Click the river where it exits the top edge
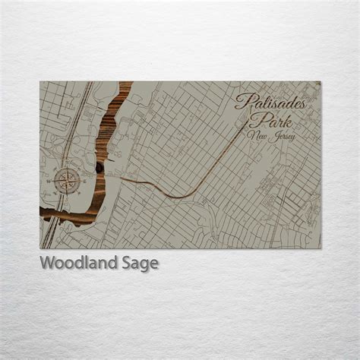125,84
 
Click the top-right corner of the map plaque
321,81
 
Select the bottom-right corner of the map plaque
321,248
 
